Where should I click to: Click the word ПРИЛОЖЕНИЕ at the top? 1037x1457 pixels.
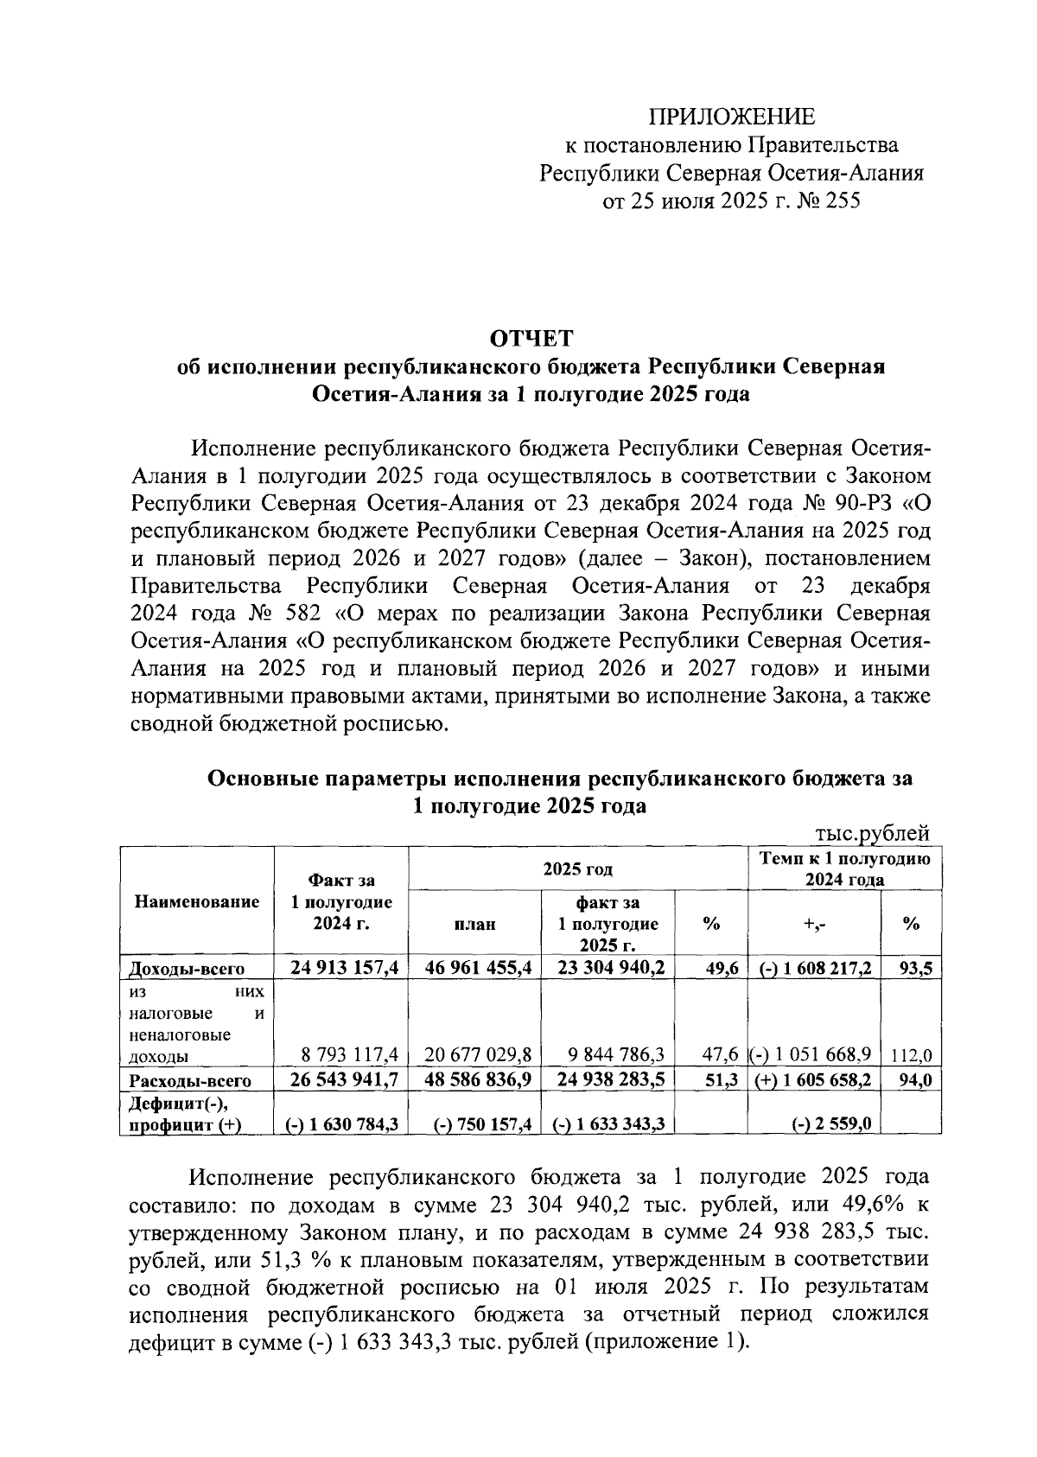click(731, 116)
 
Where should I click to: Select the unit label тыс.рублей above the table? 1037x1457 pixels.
click(872, 832)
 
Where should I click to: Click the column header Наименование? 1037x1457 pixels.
click(197, 902)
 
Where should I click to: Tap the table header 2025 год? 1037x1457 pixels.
click(577, 868)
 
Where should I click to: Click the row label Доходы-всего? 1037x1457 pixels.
click(187, 969)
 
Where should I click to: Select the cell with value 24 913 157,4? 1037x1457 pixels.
click(344, 968)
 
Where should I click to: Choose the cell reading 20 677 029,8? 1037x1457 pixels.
click(478, 1055)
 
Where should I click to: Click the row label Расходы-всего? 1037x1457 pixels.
click(190, 1081)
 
